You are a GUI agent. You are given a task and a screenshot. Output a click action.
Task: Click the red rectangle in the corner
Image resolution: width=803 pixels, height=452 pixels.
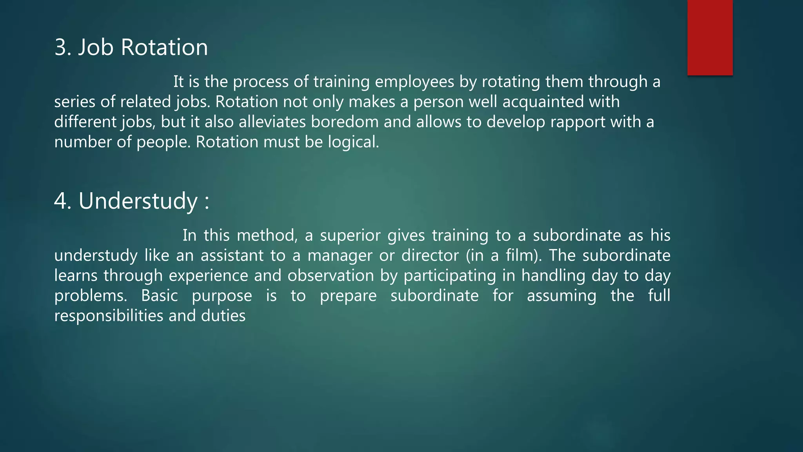pyautogui.click(x=710, y=37)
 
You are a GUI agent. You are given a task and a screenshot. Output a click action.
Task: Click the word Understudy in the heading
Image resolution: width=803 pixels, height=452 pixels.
pyautogui.click(x=138, y=202)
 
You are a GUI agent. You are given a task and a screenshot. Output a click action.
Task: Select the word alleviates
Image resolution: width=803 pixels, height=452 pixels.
pyautogui.click(x=272, y=122)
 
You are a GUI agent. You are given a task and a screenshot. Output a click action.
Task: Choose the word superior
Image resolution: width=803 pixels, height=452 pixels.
pyautogui.click(x=350, y=236)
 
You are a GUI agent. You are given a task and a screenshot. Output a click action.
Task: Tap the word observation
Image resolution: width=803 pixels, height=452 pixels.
pyautogui.click(x=331, y=276)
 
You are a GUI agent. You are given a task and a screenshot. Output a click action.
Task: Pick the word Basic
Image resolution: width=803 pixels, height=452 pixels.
pyautogui.click(x=159, y=296)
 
